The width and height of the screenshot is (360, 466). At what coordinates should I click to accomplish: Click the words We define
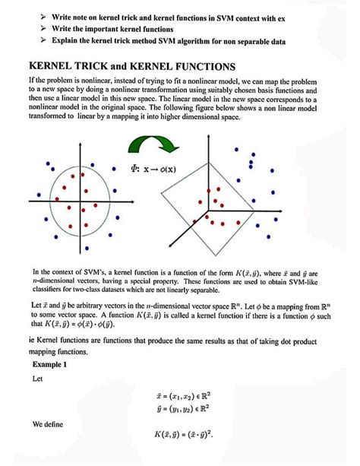pyautogui.click(x=48, y=423)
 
